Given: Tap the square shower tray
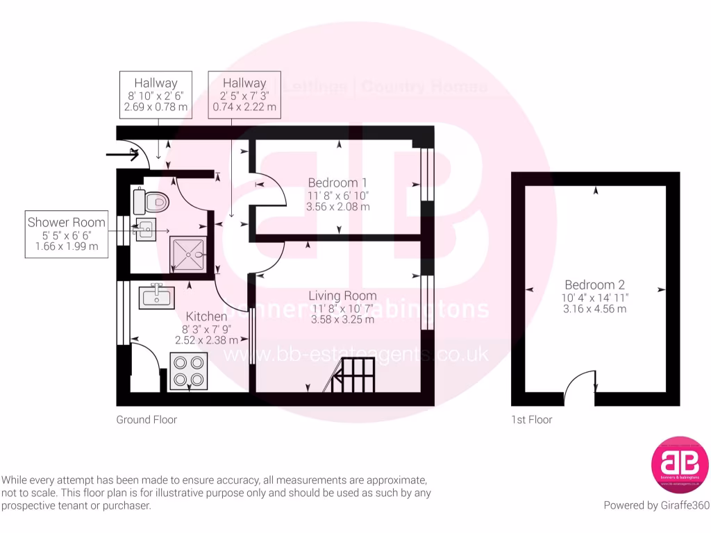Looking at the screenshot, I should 188,254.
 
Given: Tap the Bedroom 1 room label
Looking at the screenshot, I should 338,183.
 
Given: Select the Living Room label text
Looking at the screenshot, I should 343,296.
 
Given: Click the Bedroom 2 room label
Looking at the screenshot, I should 594,285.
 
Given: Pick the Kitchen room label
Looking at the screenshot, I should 206,316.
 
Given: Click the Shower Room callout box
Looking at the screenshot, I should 67,234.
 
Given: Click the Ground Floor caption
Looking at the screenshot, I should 147,419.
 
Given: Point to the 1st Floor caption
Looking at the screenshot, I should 532,419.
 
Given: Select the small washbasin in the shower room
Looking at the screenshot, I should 145,229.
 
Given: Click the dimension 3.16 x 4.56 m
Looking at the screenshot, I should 594,308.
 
